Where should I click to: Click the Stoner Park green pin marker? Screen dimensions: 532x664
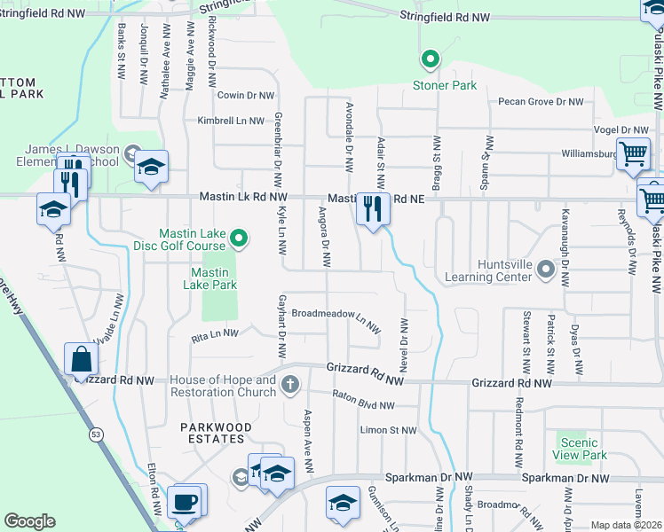431,60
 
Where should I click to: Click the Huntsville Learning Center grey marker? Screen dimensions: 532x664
563,277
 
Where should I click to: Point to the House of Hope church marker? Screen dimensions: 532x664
289,385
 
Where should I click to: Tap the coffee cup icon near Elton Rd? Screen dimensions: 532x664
185,502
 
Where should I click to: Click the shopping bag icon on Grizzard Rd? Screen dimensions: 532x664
81,360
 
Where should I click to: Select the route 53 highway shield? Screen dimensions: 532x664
94,434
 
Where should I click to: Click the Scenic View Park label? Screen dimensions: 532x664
582,448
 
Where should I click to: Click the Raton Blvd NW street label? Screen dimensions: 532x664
363,400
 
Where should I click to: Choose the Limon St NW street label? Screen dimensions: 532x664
388,430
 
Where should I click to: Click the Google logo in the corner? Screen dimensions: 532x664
29,521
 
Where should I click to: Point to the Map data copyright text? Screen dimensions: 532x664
626,525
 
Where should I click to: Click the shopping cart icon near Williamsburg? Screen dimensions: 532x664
633,153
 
